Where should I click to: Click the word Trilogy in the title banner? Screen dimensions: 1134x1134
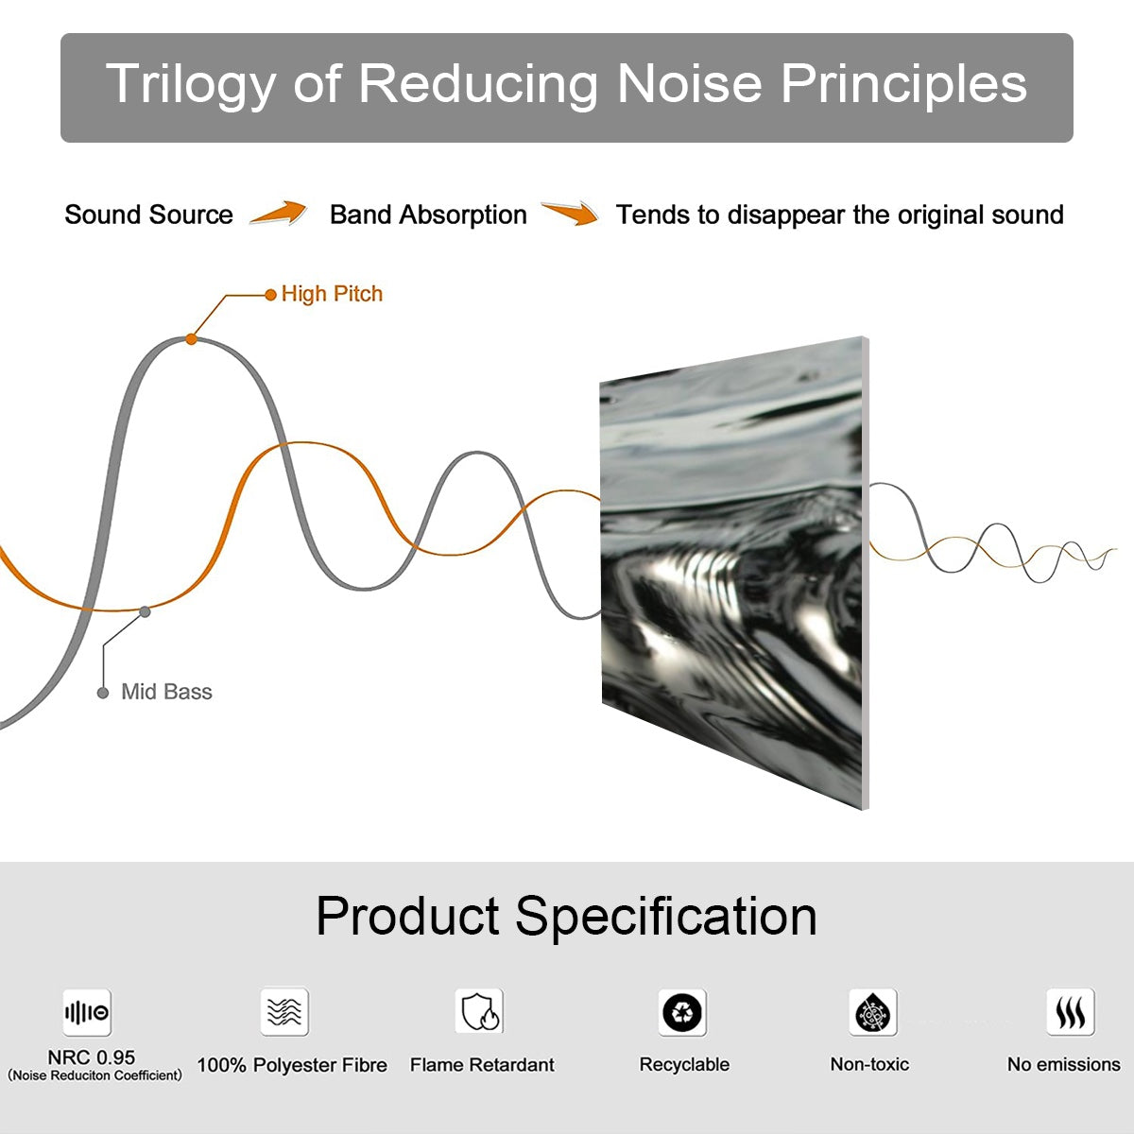click(x=189, y=85)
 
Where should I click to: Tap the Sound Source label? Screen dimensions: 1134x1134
click(x=148, y=215)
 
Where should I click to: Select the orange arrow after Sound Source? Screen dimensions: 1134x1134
click(x=280, y=214)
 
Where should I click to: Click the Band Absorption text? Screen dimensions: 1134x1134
click(x=428, y=215)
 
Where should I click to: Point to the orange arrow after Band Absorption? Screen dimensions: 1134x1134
click(x=570, y=214)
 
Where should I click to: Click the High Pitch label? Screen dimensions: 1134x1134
click(x=332, y=294)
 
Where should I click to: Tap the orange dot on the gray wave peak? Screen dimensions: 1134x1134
click(x=191, y=338)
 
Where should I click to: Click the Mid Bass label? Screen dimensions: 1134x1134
click(x=166, y=692)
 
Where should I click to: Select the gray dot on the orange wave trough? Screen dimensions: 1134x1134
click(x=145, y=611)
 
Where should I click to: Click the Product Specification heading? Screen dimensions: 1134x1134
click(x=566, y=916)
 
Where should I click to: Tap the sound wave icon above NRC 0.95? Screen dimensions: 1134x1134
click(x=87, y=1013)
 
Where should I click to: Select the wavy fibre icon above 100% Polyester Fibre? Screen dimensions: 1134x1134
click(x=284, y=1012)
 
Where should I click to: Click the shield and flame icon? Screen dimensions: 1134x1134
click(x=479, y=1012)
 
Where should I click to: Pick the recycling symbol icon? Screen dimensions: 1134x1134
click(x=682, y=1012)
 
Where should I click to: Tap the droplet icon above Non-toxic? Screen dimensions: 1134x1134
click(x=872, y=1013)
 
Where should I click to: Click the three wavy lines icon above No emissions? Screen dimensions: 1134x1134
click(x=1070, y=1012)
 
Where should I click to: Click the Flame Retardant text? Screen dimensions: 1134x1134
click(x=482, y=1065)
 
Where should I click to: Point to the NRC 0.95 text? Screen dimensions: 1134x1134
click(x=92, y=1057)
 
